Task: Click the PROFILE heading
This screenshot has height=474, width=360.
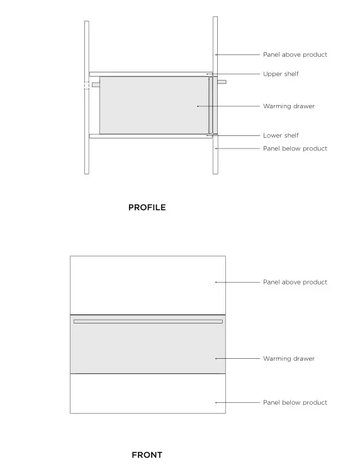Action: click(147, 207)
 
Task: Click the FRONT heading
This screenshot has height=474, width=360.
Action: click(147, 454)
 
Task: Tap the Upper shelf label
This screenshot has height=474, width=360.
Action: click(281, 74)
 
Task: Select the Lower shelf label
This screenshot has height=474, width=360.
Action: click(281, 135)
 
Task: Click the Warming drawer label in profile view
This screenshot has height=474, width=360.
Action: click(288, 106)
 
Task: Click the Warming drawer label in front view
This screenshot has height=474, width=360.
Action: click(288, 359)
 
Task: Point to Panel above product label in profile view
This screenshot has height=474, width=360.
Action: click(295, 55)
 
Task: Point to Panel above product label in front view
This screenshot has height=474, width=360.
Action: click(295, 282)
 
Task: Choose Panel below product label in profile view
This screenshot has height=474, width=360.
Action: click(295, 149)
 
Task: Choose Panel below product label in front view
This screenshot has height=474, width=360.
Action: click(295, 402)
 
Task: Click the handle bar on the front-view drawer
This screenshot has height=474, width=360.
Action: click(148, 321)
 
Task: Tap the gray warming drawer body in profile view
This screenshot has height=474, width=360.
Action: click(151, 105)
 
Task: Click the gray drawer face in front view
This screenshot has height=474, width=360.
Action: click(148, 349)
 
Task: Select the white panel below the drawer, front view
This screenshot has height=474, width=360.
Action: click(148, 393)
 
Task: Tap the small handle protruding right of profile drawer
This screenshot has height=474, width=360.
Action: click(222, 82)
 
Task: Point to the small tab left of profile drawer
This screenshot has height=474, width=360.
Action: click(96, 84)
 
